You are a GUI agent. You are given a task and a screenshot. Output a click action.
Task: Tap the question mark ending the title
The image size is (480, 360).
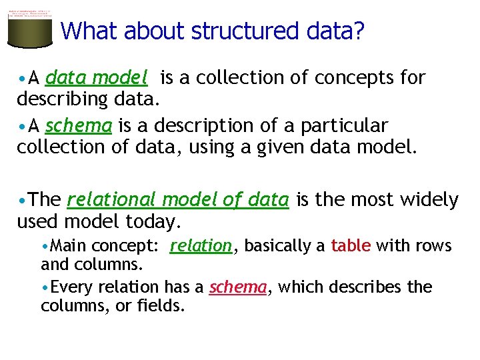pyautogui.click(x=359, y=31)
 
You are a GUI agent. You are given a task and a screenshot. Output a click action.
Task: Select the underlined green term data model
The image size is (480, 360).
pyautogui.click(x=96, y=79)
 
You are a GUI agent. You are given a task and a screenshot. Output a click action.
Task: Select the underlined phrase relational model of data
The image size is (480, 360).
pyautogui.click(x=178, y=199)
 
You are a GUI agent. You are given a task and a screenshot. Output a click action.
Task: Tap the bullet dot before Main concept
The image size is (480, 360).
pyautogui.click(x=45, y=247)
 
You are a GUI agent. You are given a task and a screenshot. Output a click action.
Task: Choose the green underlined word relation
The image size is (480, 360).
pyautogui.click(x=201, y=246)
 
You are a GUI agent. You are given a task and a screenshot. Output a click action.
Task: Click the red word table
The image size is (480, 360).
pyautogui.click(x=351, y=246)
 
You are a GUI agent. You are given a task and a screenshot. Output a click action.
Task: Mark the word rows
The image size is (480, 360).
pyautogui.click(x=433, y=246)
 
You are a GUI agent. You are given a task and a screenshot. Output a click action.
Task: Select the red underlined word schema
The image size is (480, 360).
pyautogui.click(x=238, y=287)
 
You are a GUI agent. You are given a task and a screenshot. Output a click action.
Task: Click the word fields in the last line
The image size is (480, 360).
pyautogui.click(x=161, y=307)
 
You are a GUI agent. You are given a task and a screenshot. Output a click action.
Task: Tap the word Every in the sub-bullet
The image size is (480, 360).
pyautogui.click(x=71, y=287)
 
